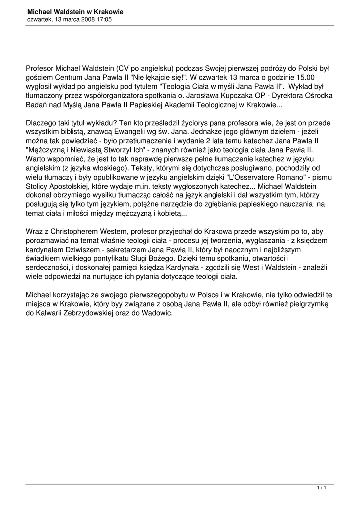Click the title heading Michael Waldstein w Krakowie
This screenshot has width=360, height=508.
(x=75, y=11)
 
